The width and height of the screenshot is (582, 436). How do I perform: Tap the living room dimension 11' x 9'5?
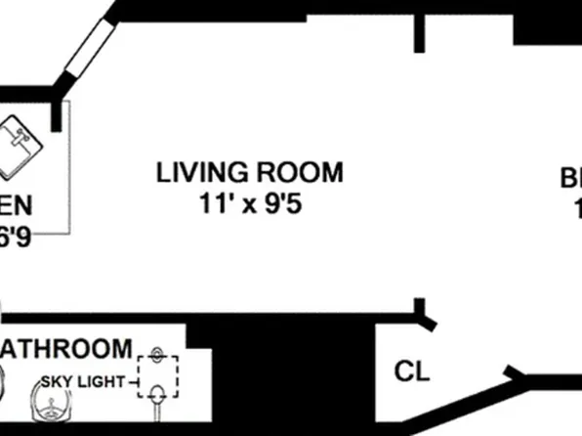click(250, 206)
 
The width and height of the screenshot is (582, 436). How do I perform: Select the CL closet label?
click(410, 371)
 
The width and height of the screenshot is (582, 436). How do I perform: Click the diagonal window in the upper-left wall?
click(88, 49)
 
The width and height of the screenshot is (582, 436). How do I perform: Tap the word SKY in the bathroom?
click(58, 381)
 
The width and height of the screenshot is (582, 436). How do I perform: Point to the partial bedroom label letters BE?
click(570, 179)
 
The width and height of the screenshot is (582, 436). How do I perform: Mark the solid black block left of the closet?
click(293, 376)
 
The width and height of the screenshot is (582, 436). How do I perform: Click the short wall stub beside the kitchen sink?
click(57, 116)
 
